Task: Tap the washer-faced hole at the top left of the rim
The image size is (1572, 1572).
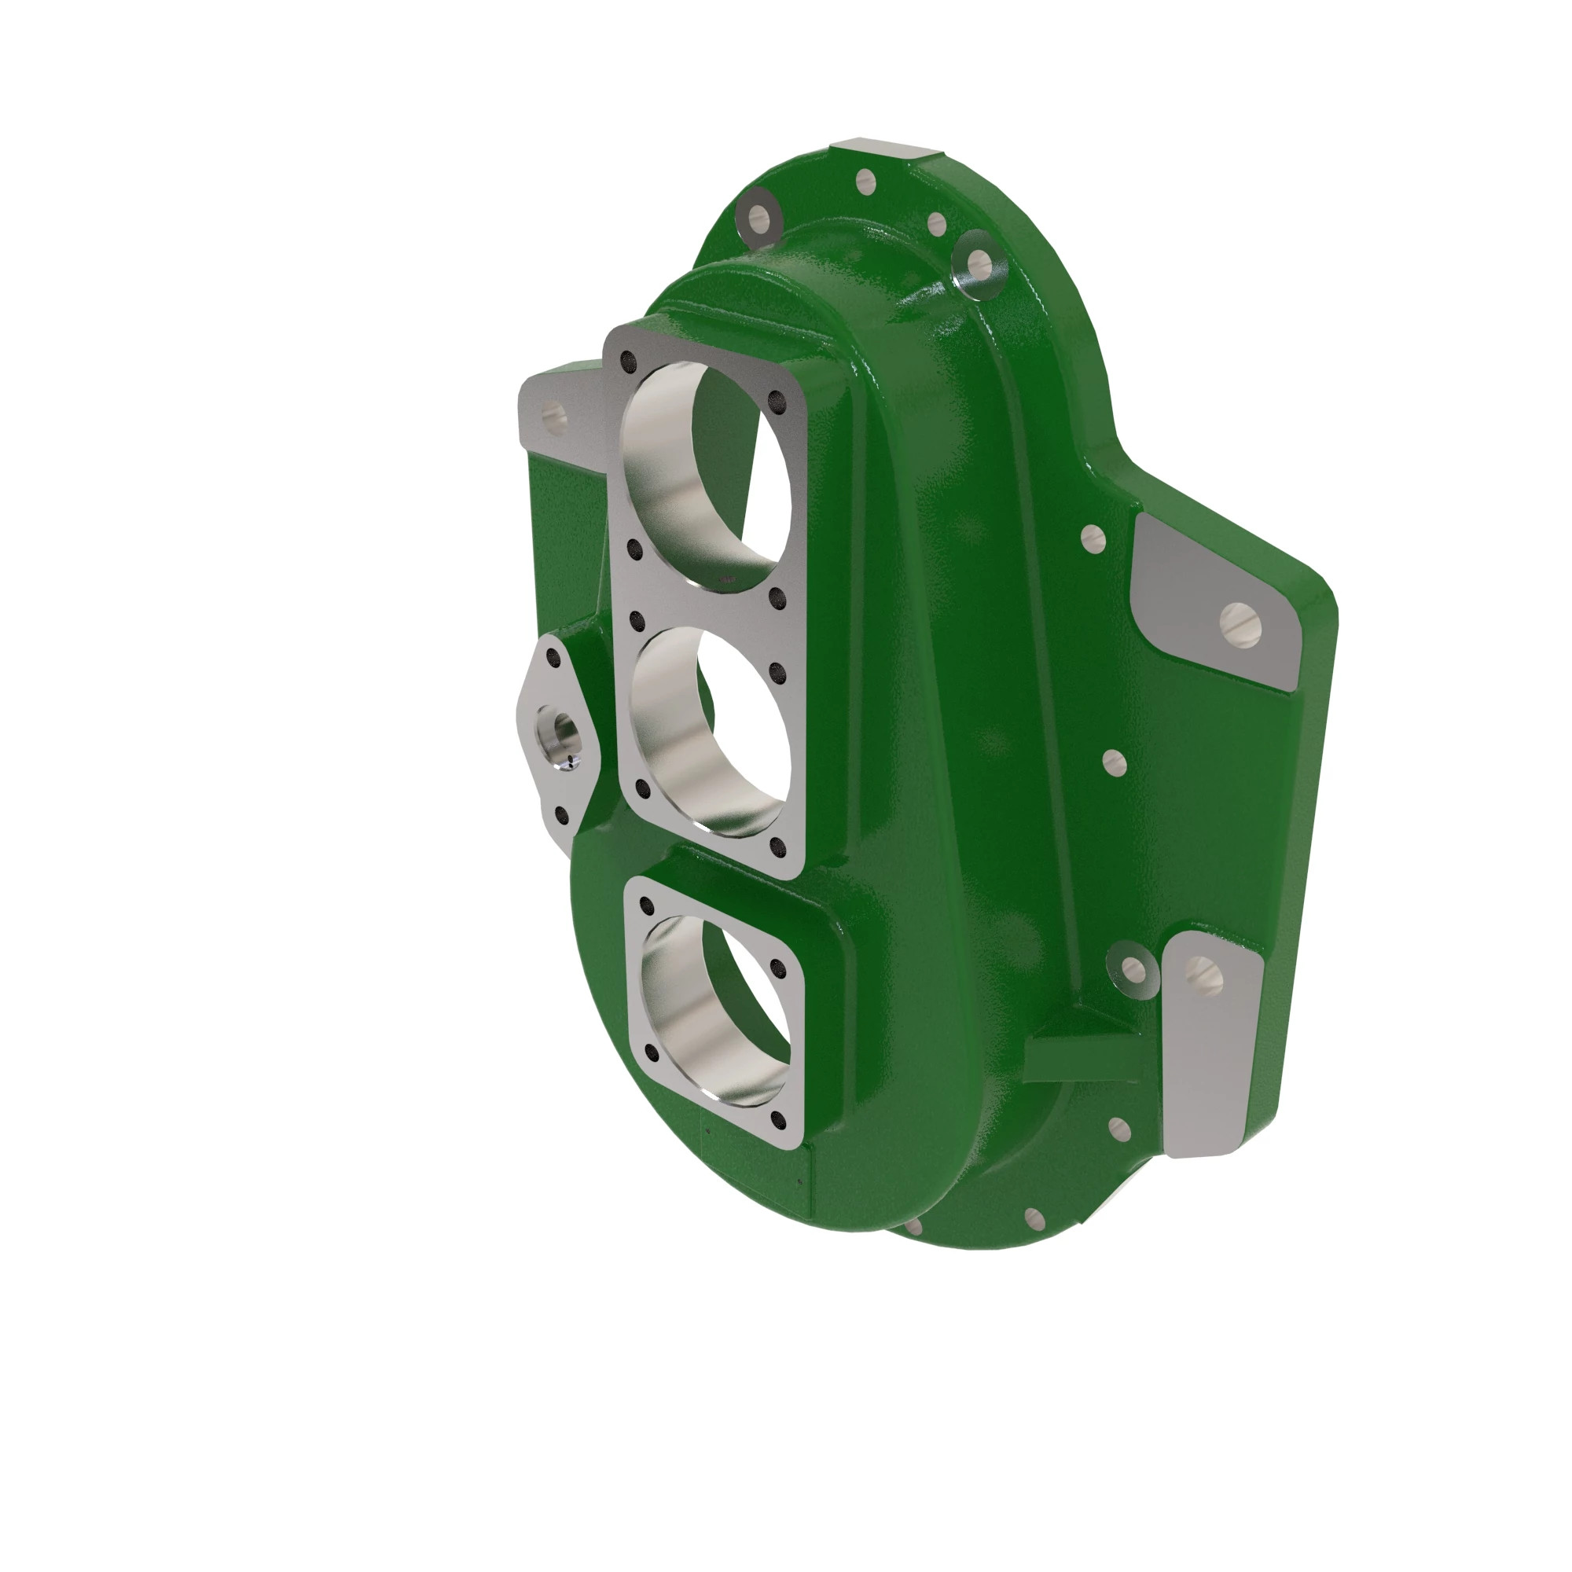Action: [x=758, y=215]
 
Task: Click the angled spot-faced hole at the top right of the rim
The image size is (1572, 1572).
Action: [x=980, y=261]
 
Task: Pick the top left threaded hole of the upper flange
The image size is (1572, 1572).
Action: [x=628, y=359]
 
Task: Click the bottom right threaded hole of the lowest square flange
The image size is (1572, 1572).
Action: [x=779, y=1122]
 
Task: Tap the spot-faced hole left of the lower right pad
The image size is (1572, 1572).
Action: [x=1132, y=968]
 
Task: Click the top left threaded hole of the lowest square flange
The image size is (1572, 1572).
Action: [x=648, y=905]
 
